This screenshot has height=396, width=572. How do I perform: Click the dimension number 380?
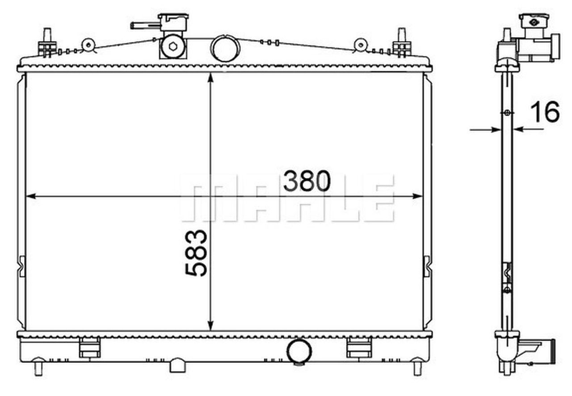click(307, 181)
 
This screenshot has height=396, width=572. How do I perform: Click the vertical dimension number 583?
click(197, 253)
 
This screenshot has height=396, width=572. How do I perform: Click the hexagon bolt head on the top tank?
click(172, 47)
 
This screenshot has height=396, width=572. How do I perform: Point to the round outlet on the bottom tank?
click(299, 352)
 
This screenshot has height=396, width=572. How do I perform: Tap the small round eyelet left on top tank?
click(88, 45)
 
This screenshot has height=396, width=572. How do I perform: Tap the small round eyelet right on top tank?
click(360, 44)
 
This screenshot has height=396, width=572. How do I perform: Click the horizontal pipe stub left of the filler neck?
click(144, 25)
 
